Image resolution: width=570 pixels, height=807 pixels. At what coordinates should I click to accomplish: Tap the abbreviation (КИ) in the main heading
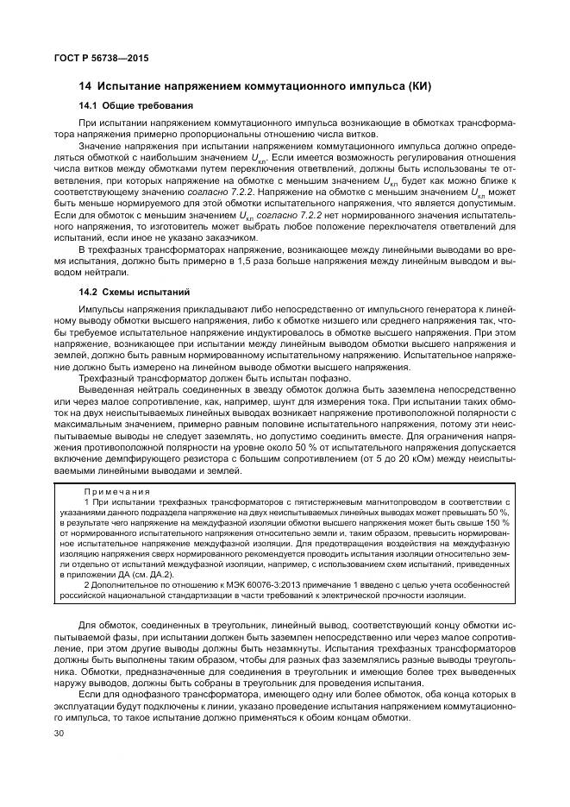[x=417, y=86]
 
